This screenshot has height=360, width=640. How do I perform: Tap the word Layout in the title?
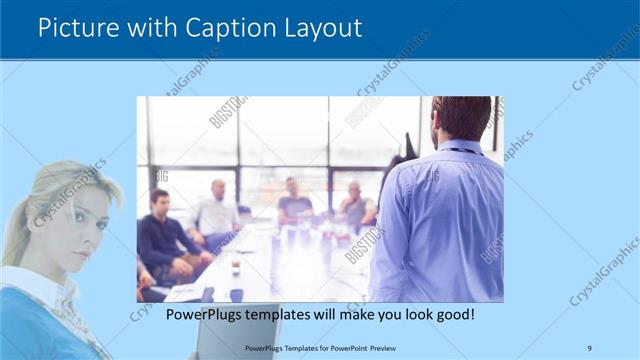tap(321, 27)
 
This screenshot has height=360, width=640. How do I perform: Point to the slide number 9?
tap(589, 347)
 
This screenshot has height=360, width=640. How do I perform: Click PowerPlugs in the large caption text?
tap(199, 314)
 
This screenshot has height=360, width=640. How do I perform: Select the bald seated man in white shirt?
tap(217, 212)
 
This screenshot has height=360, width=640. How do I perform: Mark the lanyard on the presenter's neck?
tap(462, 151)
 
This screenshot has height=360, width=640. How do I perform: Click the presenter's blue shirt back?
tap(440, 220)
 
